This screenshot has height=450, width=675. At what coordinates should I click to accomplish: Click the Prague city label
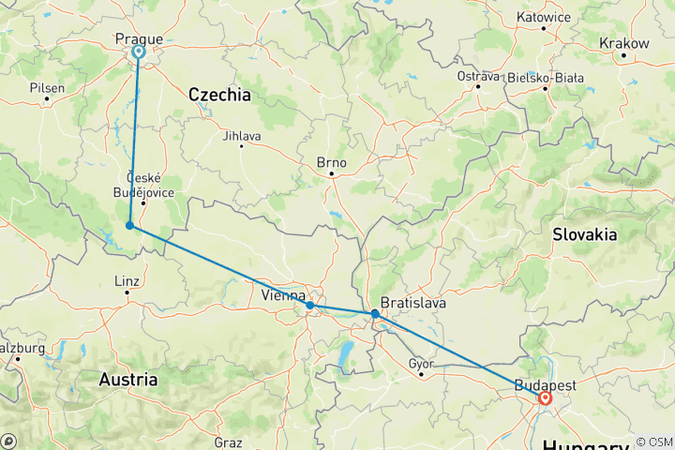click(x=139, y=38)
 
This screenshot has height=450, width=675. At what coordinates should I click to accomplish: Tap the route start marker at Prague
click(x=139, y=52)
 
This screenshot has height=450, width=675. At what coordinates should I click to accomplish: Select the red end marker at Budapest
click(x=545, y=398)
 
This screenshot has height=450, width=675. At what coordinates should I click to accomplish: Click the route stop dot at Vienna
click(x=309, y=305)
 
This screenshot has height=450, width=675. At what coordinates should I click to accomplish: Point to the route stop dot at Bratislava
click(x=375, y=314)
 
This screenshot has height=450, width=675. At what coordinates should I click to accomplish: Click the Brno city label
click(x=332, y=162)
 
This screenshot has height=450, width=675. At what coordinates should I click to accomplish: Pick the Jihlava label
click(x=242, y=136)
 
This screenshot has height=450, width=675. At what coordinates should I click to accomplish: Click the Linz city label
click(x=126, y=280)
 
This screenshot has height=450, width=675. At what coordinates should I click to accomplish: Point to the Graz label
click(x=228, y=442)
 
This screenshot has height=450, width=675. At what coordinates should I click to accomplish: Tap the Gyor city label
click(x=423, y=363)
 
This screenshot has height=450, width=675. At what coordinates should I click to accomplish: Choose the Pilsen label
click(x=48, y=87)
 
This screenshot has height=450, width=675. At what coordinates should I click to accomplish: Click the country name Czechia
click(x=219, y=95)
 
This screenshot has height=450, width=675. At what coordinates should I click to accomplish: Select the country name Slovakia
click(x=585, y=234)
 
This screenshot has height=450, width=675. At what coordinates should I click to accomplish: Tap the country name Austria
click(x=127, y=380)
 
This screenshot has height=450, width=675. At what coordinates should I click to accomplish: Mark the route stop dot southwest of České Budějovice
click(x=128, y=226)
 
